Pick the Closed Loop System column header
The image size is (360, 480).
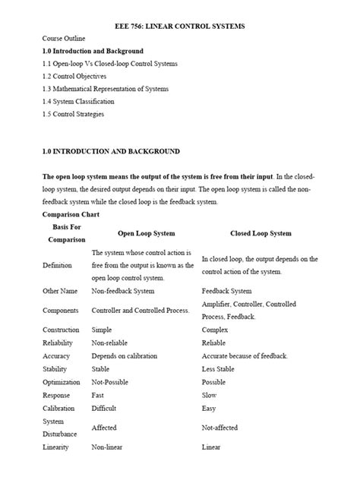pyautogui.click(x=261, y=233)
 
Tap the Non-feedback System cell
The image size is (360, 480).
pyautogui.click(x=122, y=291)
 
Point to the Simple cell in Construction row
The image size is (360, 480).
pyautogui.click(x=102, y=330)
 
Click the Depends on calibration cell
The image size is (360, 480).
pyautogui.click(x=125, y=356)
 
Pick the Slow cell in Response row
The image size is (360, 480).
pyautogui.click(x=210, y=395)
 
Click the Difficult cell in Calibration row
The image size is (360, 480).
pyautogui.click(x=105, y=408)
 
